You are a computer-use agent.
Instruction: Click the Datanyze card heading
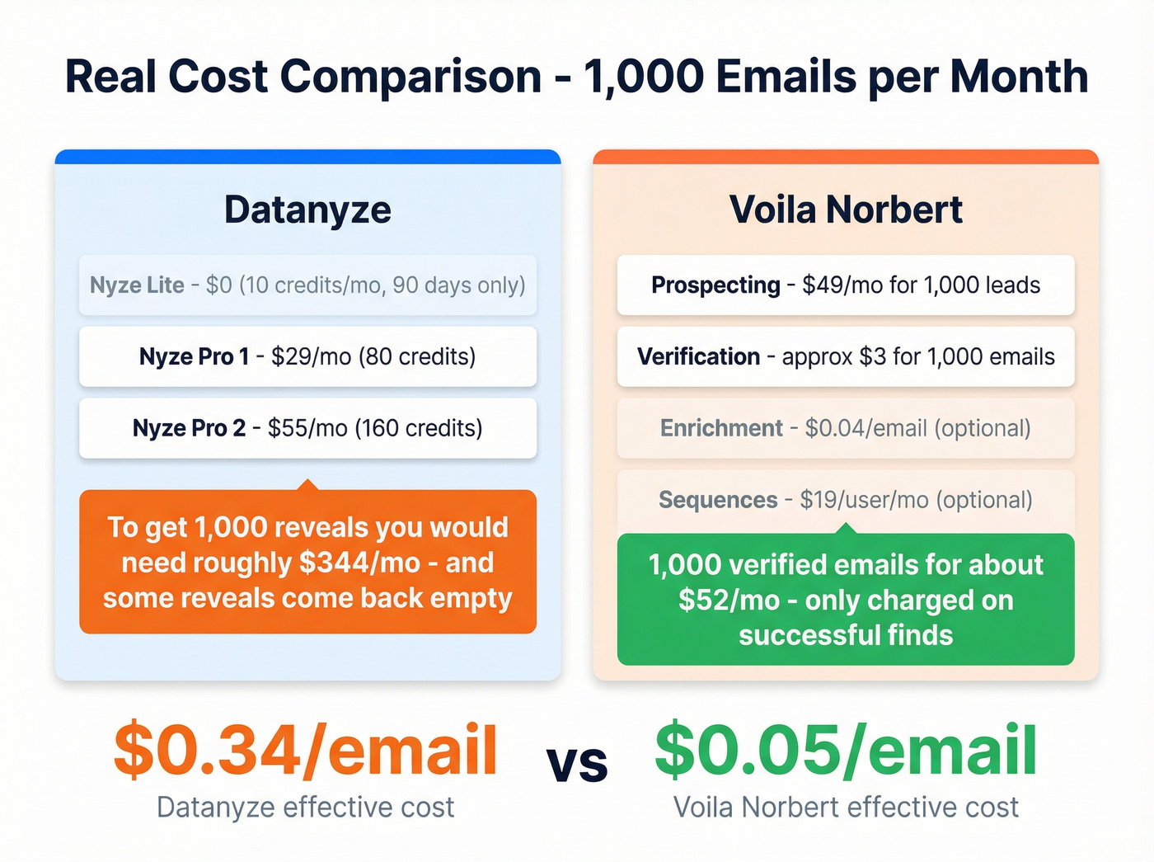[307, 210]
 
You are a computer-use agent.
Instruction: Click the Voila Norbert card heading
[846, 210]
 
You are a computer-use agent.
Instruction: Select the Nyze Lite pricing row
[307, 285]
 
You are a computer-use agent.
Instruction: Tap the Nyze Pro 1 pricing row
[307, 356]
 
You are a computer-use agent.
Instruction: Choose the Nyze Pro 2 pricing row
[307, 428]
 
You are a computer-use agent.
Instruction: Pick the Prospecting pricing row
[846, 285]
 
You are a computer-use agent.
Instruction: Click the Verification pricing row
[846, 356]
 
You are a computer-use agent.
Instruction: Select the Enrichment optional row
[846, 428]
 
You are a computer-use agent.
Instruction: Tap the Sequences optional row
[846, 500]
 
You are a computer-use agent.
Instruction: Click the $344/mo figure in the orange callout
[359, 563]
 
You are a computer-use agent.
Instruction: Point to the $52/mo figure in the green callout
[729, 600]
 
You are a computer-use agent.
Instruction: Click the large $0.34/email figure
[306, 750]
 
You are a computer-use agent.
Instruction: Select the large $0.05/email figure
[846, 750]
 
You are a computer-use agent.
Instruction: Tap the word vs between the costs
[577, 764]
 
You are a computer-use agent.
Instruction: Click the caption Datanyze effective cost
[306, 807]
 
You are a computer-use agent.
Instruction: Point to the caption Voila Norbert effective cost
[846, 807]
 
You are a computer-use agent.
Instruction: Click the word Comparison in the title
[410, 77]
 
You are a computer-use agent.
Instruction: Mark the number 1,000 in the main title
[643, 77]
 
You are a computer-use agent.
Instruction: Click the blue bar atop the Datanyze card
[307, 157]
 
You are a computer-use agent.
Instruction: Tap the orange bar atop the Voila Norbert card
[846, 157]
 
